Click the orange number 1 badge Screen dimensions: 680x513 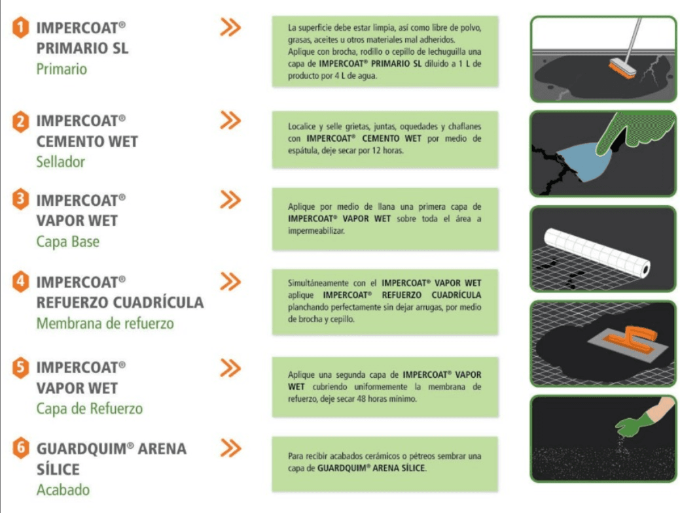[20, 27]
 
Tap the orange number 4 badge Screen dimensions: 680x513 [20, 282]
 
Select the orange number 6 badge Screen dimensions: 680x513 [20, 448]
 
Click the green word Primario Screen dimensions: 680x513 [62, 69]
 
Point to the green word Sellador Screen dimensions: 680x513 [60, 162]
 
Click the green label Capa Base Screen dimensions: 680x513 [67, 242]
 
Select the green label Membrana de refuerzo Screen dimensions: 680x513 [105, 323]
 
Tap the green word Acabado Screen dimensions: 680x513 [63, 490]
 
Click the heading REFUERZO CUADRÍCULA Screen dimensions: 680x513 [120, 302]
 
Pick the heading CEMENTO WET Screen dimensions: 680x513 [87, 142]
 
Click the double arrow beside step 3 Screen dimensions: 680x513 [230, 199]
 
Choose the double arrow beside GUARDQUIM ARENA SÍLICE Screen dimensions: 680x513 [230, 448]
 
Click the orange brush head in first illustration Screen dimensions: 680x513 [622, 69]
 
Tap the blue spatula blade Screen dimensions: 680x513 [585, 161]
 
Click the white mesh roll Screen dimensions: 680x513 [597, 252]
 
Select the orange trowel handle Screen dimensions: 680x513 [632, 338]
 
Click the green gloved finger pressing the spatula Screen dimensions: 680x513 [624, 131]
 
